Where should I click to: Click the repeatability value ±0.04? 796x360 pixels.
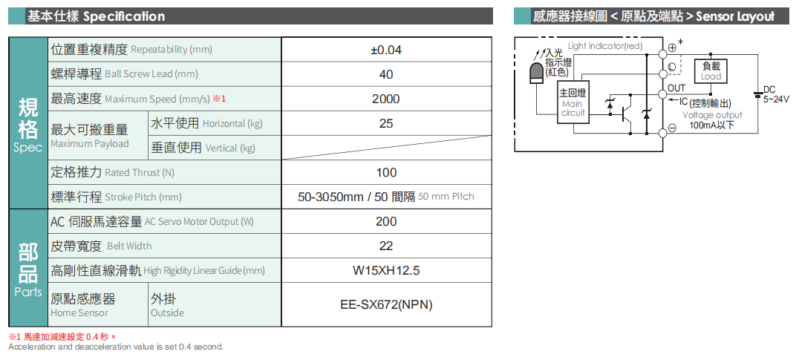pyautogui.click(x=386, y=50)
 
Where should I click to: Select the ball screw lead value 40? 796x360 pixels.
pyautogui.click(x=386, y=74)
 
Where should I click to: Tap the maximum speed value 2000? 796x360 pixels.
pyautogui.click(x=386, y=99)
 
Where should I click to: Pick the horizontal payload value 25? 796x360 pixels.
pyautogui.click(x=386, y=123)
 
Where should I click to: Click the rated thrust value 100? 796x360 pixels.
pyautogui.click(x=386, y=172)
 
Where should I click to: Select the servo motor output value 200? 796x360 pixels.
pyautogui.click(x=386, y=221)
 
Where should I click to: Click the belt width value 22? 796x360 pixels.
pyautogui.click(x=386, y=246)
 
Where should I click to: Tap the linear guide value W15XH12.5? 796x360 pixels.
pyautogui.click(x=386, y=270)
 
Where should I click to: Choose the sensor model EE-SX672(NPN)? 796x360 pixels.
pyautogui.click(x=386, y=304)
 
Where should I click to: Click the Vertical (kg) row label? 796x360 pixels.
pyautogui.click(x=203, y=148)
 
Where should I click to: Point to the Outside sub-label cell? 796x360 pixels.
pyautogui.click(x=167, y=312)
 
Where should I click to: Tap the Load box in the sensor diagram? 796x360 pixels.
pyautogui.click(x=711, y=71)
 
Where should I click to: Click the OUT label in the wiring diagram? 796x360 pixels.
pyautogui.click(x=676, y=88)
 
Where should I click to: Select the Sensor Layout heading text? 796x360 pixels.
pyautogui.click(x=735, y=16)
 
